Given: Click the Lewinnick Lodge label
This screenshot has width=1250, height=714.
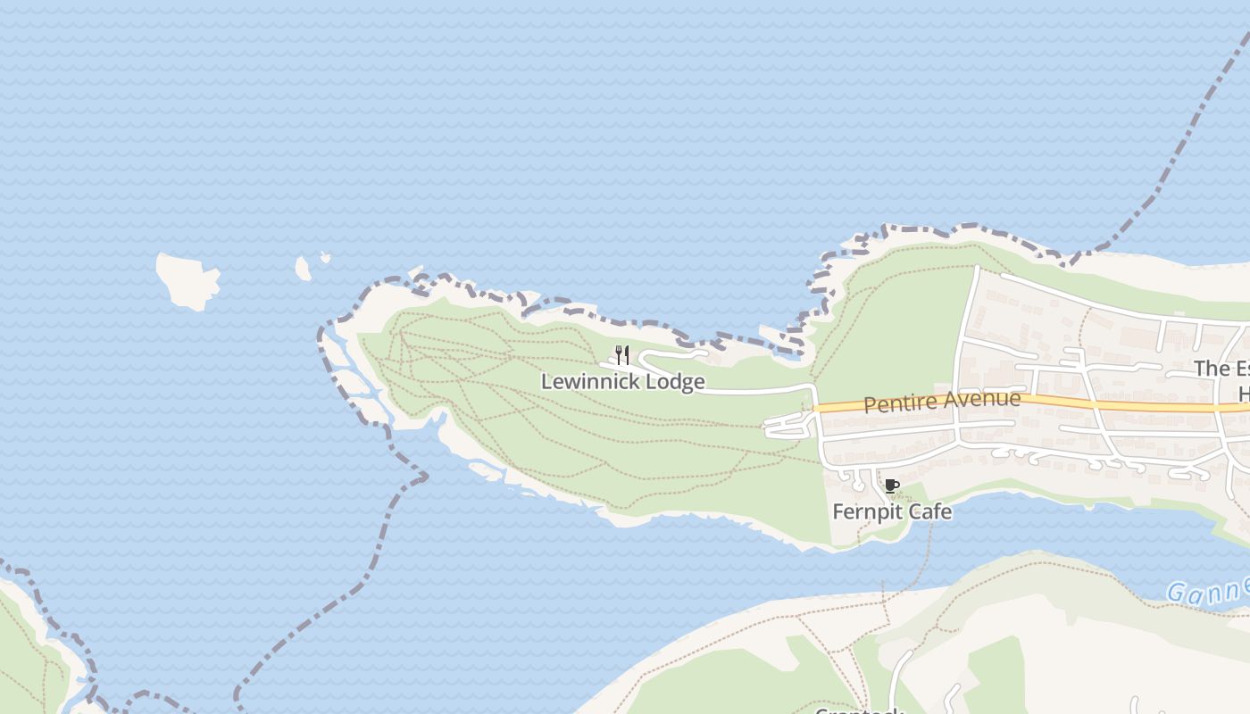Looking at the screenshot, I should [x=622, y=382].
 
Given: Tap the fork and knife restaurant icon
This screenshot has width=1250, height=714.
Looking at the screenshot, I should [x=622, y=355].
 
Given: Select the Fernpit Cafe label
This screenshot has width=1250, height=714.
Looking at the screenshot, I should [x=891, y=512].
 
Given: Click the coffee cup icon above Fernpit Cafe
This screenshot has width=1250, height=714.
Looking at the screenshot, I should [x=890, y=486].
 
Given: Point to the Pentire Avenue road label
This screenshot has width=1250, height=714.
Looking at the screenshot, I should [x=941, y=402].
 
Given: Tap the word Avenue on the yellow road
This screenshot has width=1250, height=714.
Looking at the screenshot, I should [x=981, y=400].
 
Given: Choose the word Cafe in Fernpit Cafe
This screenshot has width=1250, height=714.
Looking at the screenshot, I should [x=929, y=512].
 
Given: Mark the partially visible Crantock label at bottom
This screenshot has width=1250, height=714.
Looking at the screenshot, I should [x=859, y=710].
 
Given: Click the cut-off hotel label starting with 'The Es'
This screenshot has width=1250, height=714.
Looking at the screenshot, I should [x=1221, y=369].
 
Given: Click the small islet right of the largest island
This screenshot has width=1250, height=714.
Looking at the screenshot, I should [x=304, y=268].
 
